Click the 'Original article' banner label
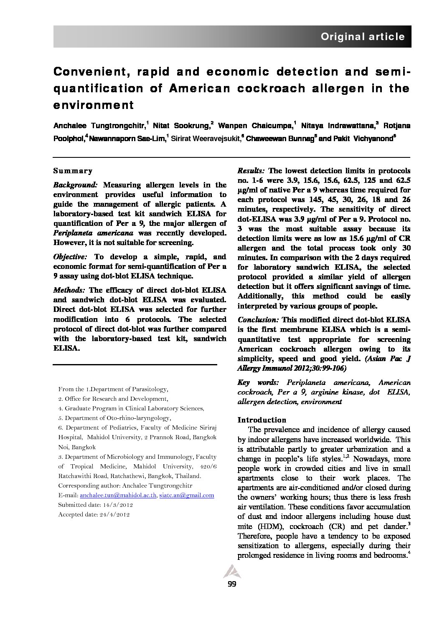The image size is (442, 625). coord(362,37)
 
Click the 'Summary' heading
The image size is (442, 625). coord(73,171)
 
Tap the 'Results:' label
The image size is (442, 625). coord(251,171)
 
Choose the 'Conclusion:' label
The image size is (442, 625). coord(258,319)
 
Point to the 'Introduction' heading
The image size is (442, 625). coord(262,420)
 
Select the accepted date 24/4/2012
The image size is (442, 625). coord(114,515)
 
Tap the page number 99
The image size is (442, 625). coord(232,584)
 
